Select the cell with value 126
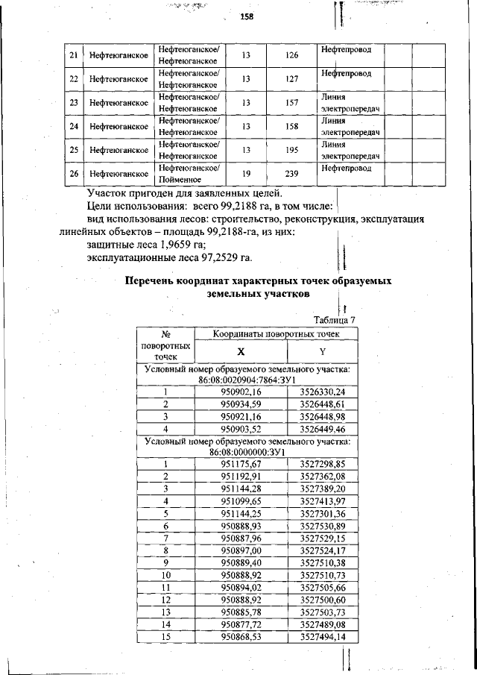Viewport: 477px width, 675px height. pyautogui.click(x=292, y=56)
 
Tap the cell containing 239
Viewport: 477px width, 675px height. pyautogui.click(x=292, y=174)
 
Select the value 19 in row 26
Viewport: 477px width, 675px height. pyautogui.click(x=245, y=174)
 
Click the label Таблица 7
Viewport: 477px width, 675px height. pyautogui.click(x=335, y=319)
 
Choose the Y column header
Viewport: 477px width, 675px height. pyautogui.click(x=322, y=351)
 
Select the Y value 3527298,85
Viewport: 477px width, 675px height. pyautogui.click(x=322, y=463)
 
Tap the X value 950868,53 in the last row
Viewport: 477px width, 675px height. pyautogui.click(x=241, y=636)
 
